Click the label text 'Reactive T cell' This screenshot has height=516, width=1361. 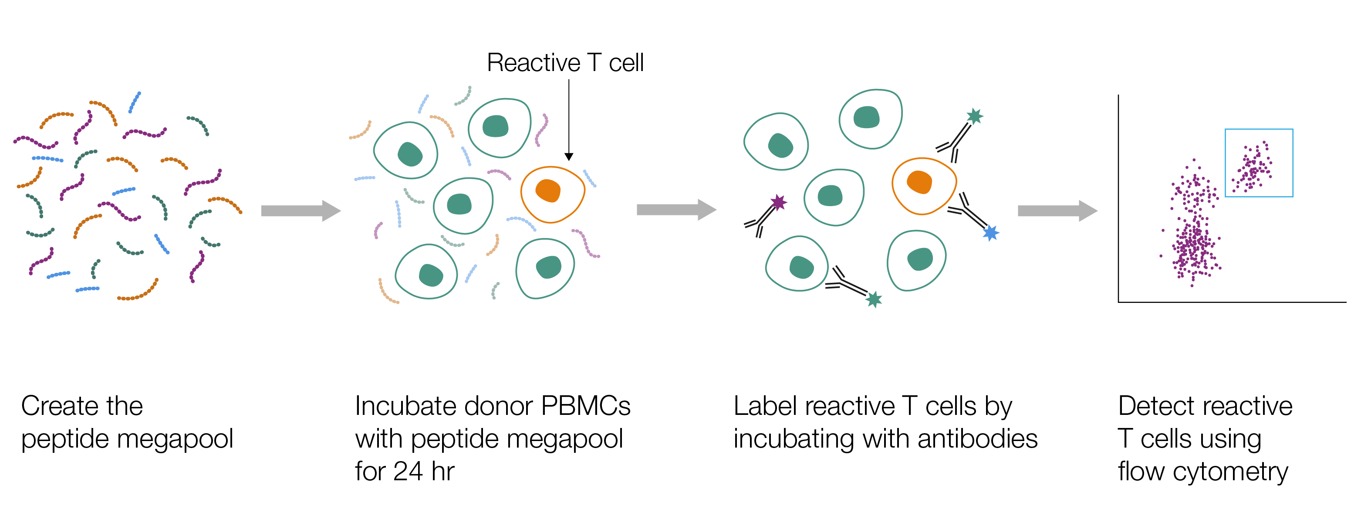(565, 63)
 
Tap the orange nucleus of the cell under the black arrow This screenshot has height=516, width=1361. (548, 190)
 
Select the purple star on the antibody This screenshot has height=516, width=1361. (778, 202)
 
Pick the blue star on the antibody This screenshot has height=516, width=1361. (991, 233)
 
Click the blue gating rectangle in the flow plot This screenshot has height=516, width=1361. (1259, 130)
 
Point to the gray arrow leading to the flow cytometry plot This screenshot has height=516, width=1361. (1057, 210)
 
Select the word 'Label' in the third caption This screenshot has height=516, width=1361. (756, 406)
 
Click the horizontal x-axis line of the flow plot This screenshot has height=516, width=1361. (1231, 302)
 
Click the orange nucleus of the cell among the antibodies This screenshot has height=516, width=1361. (919, 182)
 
